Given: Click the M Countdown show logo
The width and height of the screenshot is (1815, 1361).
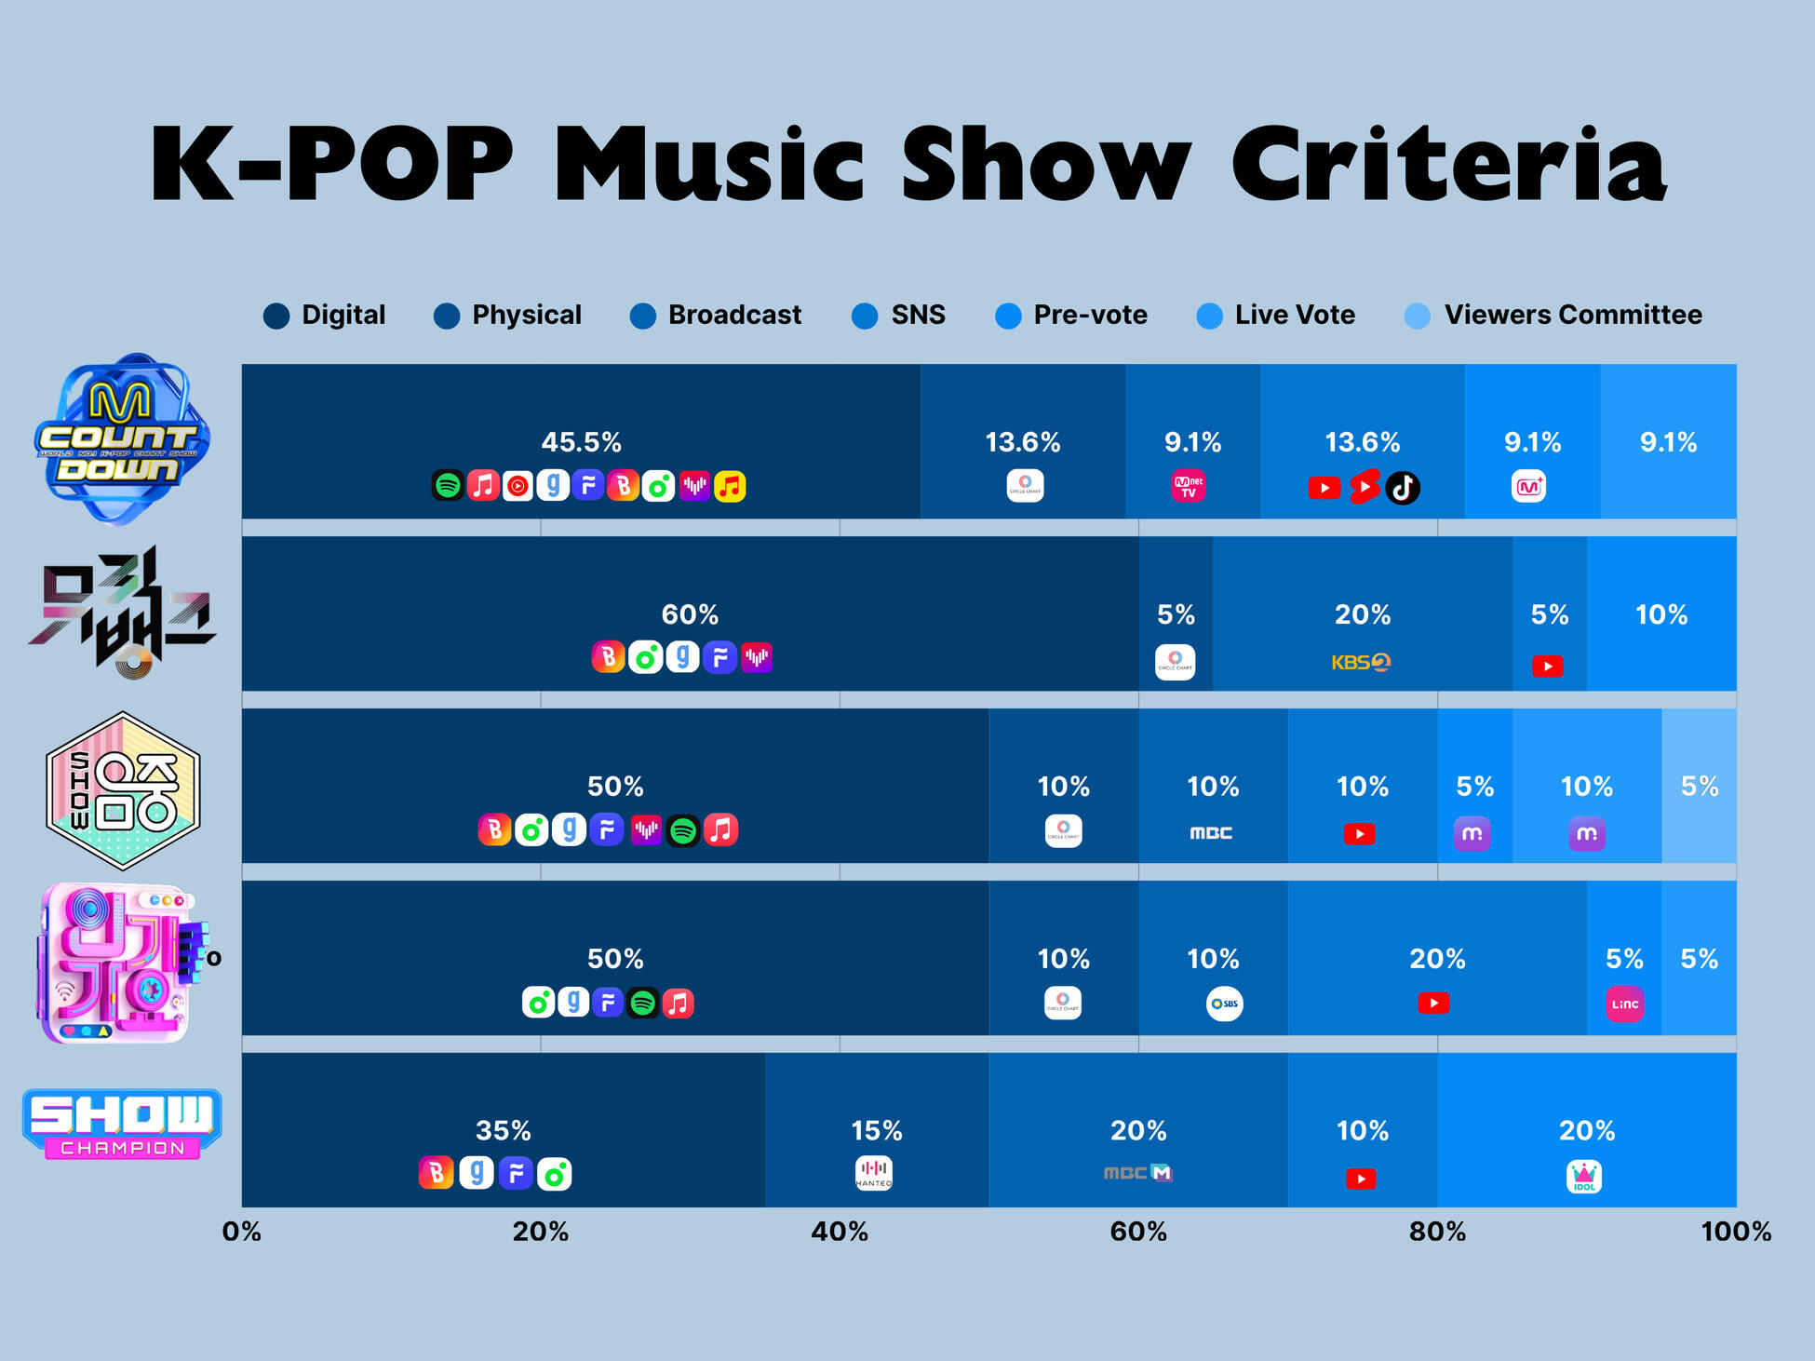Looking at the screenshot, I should (x=122, y=438).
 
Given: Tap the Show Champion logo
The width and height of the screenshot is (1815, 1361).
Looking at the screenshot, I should (x=122, y=1124).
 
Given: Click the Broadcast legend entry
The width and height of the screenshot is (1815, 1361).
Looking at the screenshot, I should (x=716, y=316).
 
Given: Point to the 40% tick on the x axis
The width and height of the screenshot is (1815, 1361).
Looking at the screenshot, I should (x=839, y=1232).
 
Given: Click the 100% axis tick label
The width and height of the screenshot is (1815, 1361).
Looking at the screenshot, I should (x=1735, y=1232).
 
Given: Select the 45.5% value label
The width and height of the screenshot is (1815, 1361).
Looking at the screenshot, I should (x=581, y=442).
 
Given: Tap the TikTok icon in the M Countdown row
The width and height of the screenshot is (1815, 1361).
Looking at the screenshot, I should (x=1402, y=487).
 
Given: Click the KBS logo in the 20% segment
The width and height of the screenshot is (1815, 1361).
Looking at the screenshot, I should (x=1360, y=663).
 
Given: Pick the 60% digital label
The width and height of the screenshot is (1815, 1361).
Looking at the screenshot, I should (x=690, y=614).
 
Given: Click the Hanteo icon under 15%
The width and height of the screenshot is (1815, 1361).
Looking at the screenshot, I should (x=873, y=1173).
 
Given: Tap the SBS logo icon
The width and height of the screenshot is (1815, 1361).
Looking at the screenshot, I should (x=1224, y=1004).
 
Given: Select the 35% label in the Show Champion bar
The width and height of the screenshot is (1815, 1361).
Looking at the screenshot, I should (x=503, y=1130).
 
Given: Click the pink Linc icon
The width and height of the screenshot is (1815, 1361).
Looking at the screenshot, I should (x=1624, y=1004).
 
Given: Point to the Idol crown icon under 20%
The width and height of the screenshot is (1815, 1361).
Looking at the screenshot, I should (x=1584, y=1177).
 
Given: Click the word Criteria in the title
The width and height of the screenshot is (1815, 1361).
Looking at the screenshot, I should (x=1448, y=164).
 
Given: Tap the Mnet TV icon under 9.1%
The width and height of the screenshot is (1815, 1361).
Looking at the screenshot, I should (x=1188, y=486).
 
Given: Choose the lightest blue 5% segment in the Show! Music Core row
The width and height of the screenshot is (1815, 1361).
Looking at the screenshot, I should (x=1699, y=787).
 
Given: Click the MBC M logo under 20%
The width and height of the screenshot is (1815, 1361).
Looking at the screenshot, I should (x=1137, y=1173).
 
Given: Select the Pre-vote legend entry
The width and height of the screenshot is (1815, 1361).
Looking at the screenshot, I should (x=1071, y=316).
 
